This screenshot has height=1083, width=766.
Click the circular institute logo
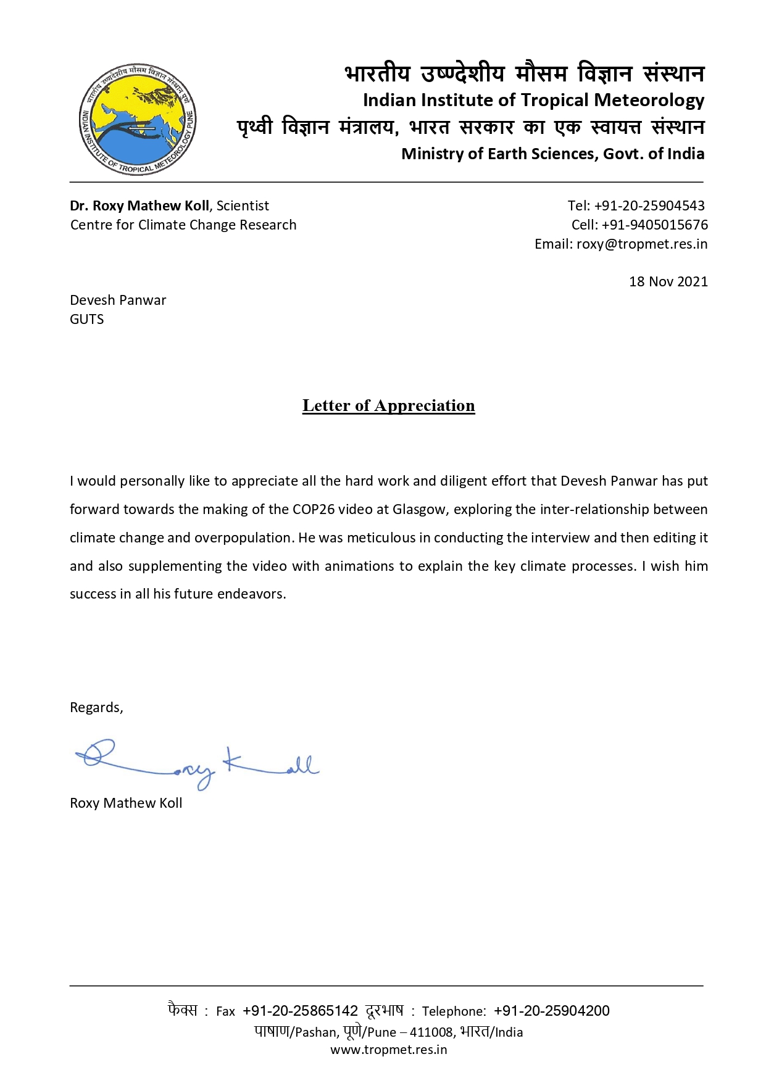point(138,119)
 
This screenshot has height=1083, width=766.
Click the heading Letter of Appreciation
point(388,405)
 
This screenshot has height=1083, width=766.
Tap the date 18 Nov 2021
point(668,281)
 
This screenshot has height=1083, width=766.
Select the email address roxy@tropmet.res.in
point(642,244)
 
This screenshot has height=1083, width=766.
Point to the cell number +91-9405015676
point(654,225)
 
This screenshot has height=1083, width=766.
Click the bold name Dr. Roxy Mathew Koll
point(139,205)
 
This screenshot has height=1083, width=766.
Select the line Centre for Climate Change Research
point(183,225)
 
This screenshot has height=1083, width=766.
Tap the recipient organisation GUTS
point(87,319)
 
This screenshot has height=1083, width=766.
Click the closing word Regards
point(96,707)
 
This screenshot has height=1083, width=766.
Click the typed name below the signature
point(126,803)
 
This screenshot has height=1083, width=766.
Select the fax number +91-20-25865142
point(300,1011)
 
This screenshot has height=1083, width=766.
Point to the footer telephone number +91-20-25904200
point(552,1011)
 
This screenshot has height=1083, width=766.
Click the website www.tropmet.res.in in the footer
point(388,1050)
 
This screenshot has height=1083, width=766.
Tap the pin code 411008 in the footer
point(432,1032)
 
